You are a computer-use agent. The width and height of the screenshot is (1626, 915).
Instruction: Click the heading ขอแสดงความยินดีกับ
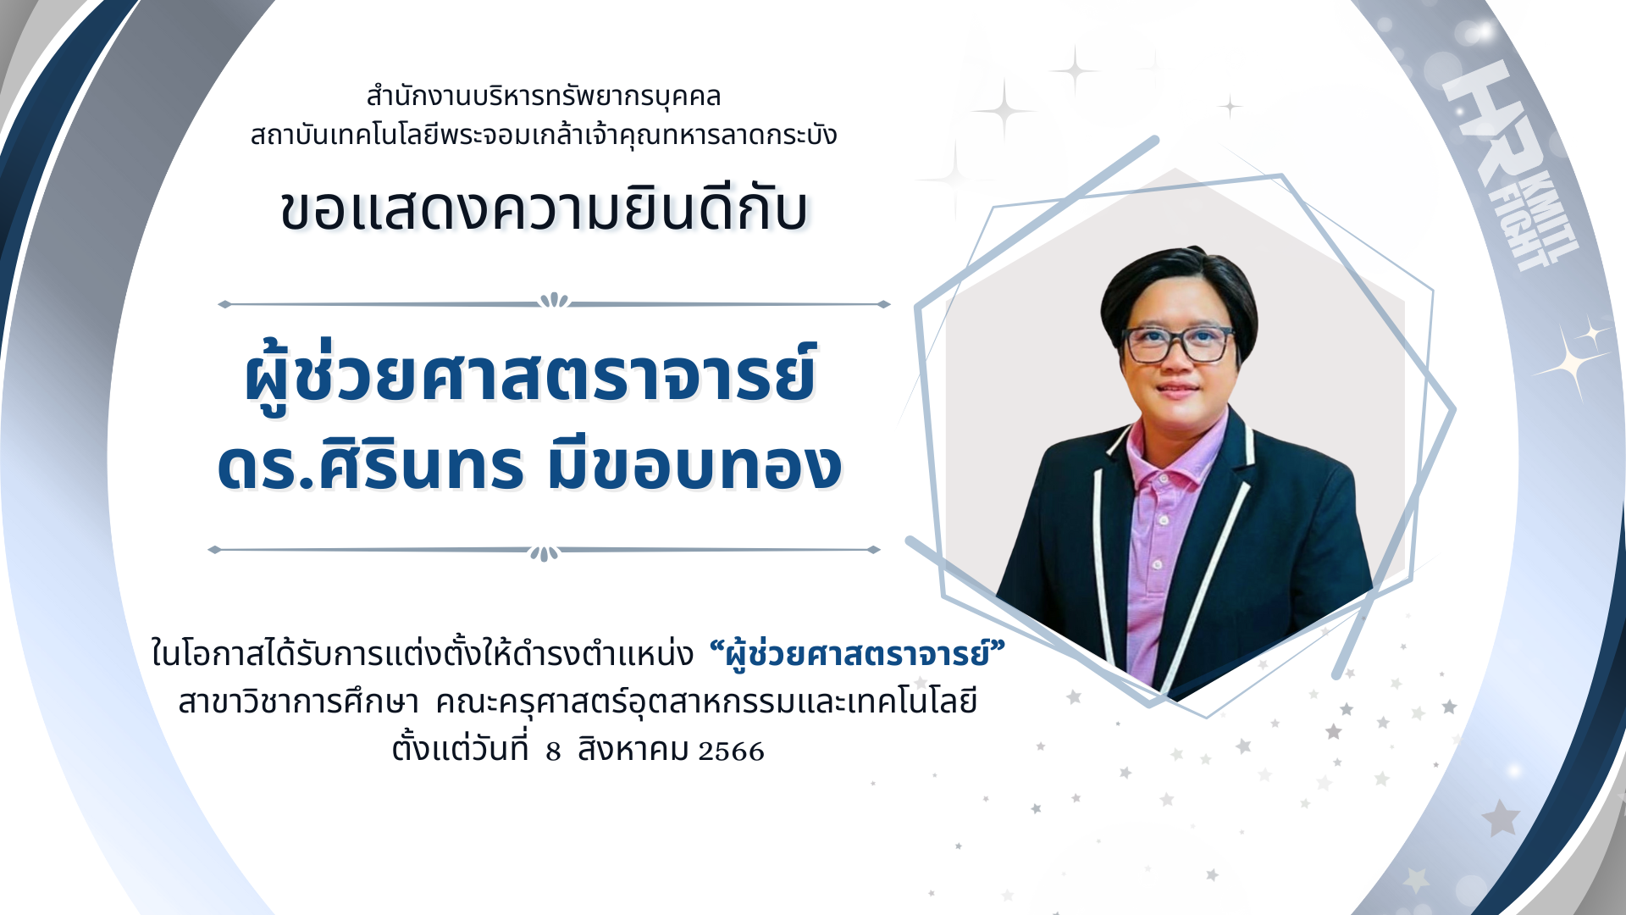click(x=545, y=209)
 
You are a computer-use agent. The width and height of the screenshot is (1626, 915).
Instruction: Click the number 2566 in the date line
click(x=731, y=751)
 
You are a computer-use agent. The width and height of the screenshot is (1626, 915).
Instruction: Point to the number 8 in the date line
click(x=553, y=751)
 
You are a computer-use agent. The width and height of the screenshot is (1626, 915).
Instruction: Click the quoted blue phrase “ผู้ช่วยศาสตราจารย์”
click(x=856, y=654)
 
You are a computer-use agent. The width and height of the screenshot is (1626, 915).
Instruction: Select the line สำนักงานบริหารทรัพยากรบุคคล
click(x=544, y=96)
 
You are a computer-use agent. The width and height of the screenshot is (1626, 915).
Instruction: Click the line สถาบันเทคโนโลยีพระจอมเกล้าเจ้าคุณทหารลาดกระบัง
click(x=544, y=135)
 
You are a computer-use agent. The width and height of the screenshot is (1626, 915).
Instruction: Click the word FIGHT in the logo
click(x=1524, y=233)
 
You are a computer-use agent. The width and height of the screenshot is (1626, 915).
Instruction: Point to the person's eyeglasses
click(x=1177, y=343)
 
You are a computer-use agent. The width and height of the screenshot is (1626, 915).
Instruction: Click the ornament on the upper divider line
click(x=554, y=301)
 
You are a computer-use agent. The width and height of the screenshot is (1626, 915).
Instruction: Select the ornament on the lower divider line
click(x=544, y=552)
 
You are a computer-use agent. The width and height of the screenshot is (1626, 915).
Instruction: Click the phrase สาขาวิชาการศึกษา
click(x=298, y=702)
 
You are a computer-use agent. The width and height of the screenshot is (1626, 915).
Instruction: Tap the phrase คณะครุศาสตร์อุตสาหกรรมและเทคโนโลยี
click(x=706, y=702)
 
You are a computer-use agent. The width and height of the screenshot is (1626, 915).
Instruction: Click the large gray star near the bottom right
click(x=1501, y=818)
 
